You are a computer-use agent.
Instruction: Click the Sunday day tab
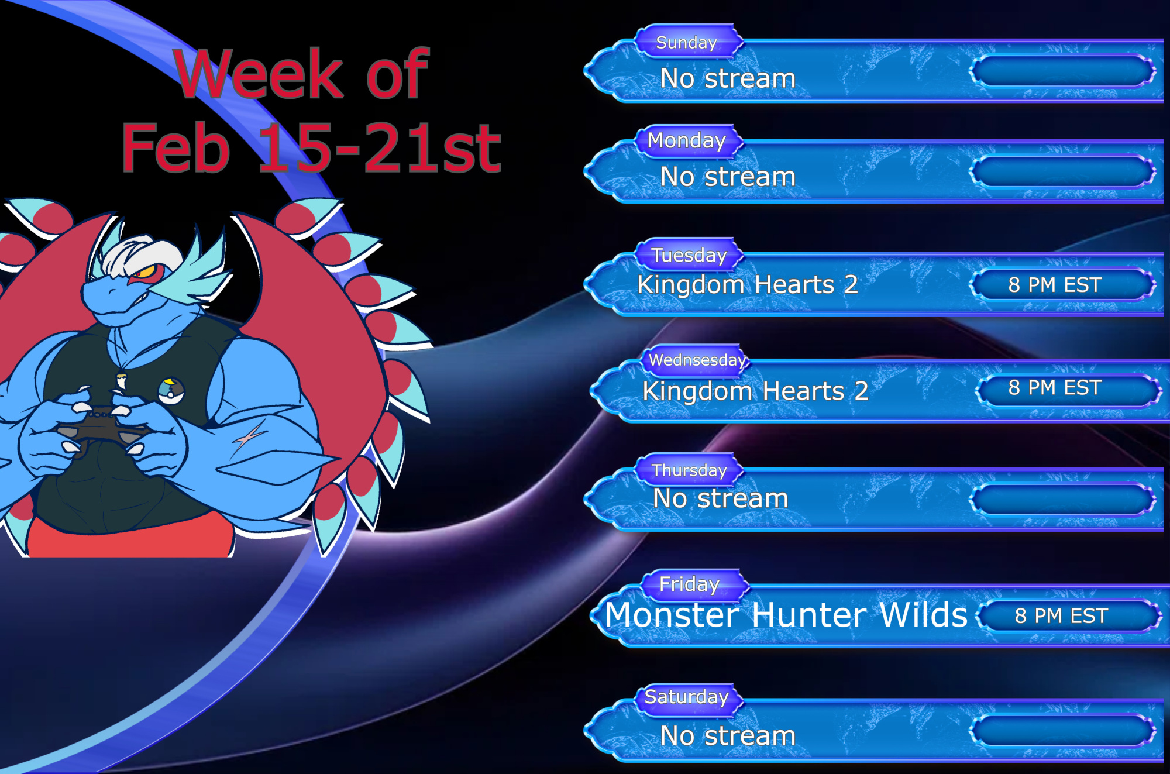[x=688, y=42]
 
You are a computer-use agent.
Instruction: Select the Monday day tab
[x=688, y=140]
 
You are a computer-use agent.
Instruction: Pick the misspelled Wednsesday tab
[x=696, y=360]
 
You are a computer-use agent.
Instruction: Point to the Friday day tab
[x=694, y=584]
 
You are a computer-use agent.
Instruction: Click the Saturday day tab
[x=688, y=697]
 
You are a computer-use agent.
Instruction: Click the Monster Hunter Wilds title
[x=786, y=615]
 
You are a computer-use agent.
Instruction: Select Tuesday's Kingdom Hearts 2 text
[x=748, y=285]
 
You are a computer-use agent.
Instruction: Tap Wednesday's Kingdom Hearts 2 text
[x=755, y=391]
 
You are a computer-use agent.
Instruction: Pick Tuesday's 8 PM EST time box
[x=1062, y=285]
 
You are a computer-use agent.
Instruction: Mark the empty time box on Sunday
[x=1062, y=71]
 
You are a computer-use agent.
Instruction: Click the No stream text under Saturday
[x=728, y=736]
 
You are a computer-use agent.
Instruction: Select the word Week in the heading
[x=259, y=74]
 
